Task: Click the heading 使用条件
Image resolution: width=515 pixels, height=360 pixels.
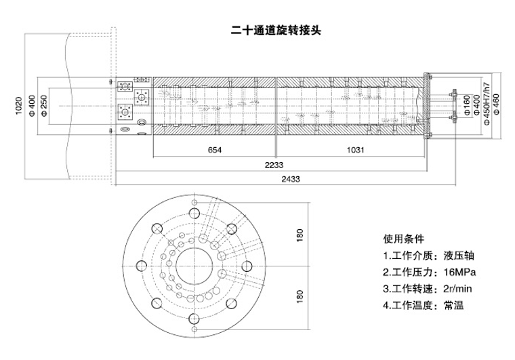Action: coord(403,239)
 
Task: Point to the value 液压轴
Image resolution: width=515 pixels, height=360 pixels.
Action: coord(459,256)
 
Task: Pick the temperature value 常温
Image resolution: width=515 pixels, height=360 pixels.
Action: coord(453,306)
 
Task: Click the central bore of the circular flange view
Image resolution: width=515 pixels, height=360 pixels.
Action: coord(191,266)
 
